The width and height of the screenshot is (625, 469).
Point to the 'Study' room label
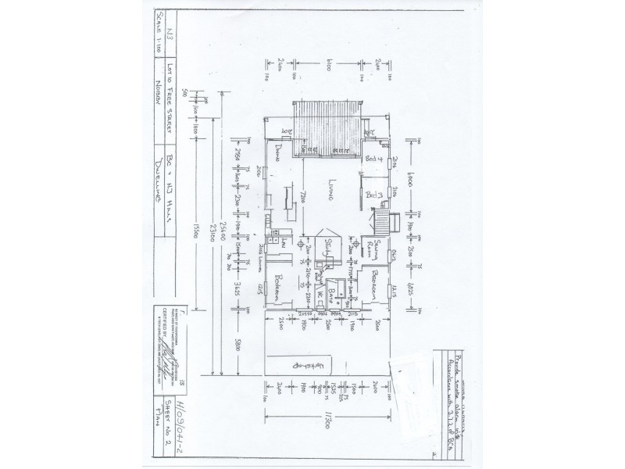click(330, 243)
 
